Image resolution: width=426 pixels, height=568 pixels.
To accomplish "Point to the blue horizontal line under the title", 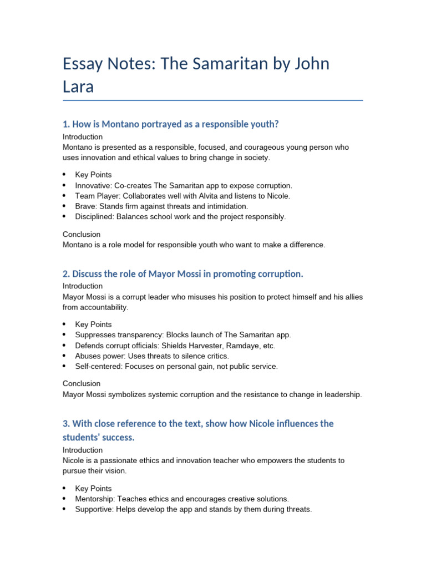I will point(213,100).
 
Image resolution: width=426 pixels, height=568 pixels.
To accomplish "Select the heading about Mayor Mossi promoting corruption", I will point(183,274).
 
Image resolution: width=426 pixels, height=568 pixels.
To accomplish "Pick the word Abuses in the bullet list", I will point(88,356).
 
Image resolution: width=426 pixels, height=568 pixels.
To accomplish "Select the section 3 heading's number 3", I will point(65,424).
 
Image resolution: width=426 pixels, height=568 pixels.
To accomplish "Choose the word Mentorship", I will point(95,499).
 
